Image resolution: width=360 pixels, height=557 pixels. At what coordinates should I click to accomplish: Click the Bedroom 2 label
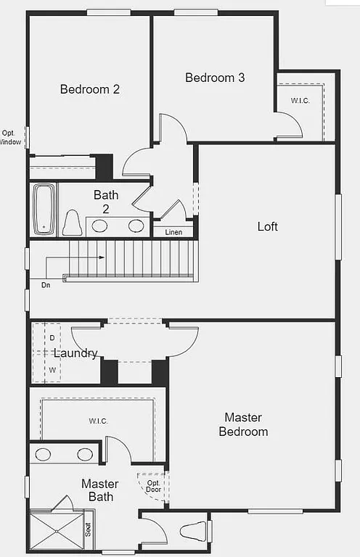tap(90, 89)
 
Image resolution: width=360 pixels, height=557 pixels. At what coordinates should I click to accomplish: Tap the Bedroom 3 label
tap(215, 78)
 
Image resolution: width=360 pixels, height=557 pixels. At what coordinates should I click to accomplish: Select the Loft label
tap(268, 226)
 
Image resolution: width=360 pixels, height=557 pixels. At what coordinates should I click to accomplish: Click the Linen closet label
tap(173, 232)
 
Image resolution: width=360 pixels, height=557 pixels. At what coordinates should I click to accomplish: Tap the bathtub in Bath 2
tap(44, 209)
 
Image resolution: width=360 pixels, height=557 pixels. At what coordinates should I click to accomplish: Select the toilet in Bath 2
tap(71, 223)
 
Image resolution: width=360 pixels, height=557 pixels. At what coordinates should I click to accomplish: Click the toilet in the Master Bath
tap(193, 530)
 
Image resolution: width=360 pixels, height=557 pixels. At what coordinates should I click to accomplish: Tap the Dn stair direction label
tap(46, 285)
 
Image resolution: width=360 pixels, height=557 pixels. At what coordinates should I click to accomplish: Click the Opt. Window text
tap(10, 138)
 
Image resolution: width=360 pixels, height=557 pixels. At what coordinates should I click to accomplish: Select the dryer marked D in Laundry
tap(52, 338)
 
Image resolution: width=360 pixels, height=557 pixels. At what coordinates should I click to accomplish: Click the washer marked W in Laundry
tap(52, 370)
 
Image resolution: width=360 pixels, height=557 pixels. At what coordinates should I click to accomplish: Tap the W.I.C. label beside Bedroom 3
tap(301, 101)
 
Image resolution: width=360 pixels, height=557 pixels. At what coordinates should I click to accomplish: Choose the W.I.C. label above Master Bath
tap(99, 421)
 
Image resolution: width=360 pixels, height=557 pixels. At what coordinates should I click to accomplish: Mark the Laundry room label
tap(75, 353)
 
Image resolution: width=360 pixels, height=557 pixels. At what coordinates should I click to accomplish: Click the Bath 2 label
tap(106, 202)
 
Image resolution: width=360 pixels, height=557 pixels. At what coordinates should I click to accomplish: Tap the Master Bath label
tap(100, 490)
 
